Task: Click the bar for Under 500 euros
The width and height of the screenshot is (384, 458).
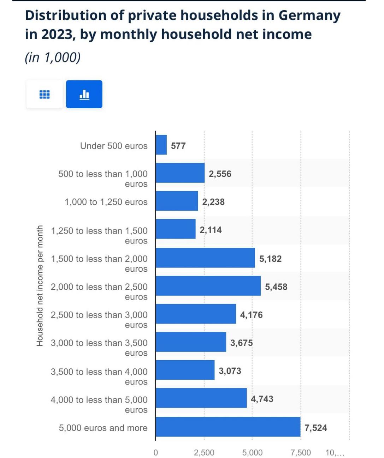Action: [x=161, y=145]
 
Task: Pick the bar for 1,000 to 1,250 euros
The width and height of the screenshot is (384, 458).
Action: [x=177, y=201]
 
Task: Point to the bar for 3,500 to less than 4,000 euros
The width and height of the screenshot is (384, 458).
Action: [x=185, y=370]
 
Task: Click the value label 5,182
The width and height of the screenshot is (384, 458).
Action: [x=270, y=259]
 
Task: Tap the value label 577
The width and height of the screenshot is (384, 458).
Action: [x=178, y=146]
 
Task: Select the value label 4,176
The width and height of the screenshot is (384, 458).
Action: [x=251, y=315]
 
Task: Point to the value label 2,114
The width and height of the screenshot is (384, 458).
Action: [x=211, y=230]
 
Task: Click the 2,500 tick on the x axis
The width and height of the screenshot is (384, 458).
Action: [x=204, y=453]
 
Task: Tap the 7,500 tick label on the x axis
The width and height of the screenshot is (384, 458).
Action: [x=301, y=453]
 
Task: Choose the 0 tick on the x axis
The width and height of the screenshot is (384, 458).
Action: [x=155, y=453]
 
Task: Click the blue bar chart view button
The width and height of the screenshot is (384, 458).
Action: [x=84, y=94]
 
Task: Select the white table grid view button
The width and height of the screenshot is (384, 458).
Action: [x=45, y=94]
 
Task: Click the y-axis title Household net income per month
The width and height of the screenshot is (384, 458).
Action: [x=40, y=286]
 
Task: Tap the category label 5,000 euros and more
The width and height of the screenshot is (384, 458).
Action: [x=103, y=428]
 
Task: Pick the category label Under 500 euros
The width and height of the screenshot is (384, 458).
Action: [x=114, y=146]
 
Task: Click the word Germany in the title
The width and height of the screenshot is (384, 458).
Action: [x=309, y=16]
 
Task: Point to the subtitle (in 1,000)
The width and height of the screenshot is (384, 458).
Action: [x=53, y=57]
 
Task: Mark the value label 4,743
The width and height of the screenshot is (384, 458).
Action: [x=262, y=399]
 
